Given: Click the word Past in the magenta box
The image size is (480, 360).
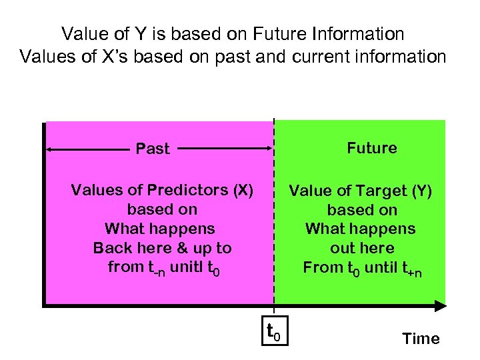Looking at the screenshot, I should (x=153, y=149).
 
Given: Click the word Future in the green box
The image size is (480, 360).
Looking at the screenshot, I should (x=371, y=148).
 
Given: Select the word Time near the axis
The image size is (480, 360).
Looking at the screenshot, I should (x=421, y=339).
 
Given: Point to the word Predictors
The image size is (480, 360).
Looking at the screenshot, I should (x=179, y=191).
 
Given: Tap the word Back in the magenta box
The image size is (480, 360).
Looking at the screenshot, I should (x=112, y=248).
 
